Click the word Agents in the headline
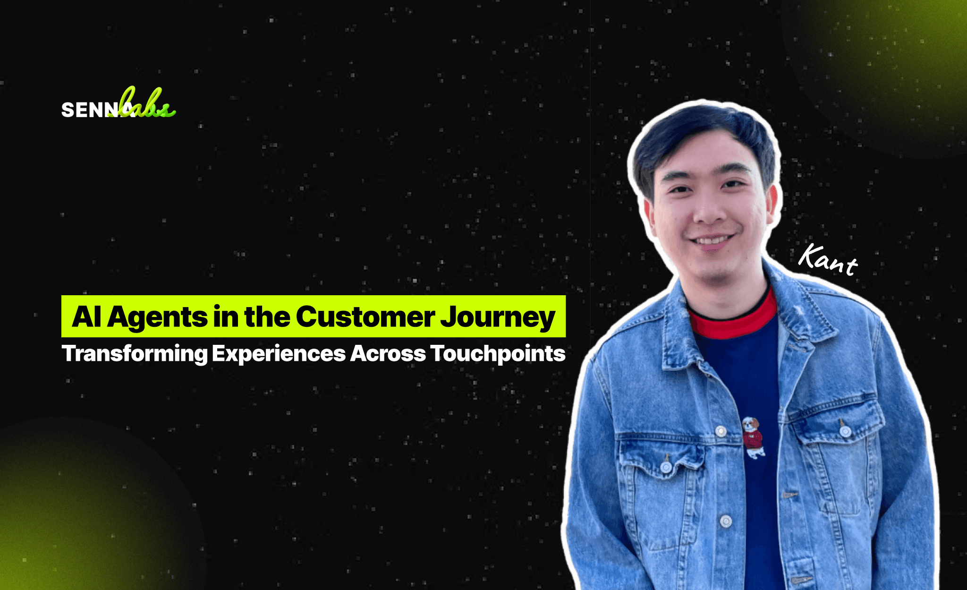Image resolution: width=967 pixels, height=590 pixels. [157, 317]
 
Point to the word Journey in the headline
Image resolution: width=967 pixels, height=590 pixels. [498, 317]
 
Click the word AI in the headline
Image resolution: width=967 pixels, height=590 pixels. [86, 316]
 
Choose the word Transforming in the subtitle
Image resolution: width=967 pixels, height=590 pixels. [135, 354]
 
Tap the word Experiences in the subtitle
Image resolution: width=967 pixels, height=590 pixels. [279, 354]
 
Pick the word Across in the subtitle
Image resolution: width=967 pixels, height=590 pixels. [388, 353]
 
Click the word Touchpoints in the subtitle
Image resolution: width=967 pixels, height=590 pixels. [498, 354]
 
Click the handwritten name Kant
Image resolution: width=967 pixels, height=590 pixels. [828, 260]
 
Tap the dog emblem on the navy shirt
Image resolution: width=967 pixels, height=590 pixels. [753, 437]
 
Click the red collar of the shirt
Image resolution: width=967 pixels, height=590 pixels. [734, 316]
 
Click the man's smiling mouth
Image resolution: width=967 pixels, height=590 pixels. [712, 241]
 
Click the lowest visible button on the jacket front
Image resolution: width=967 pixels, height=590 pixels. [726, 522]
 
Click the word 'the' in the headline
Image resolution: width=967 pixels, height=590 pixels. [267, 316]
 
